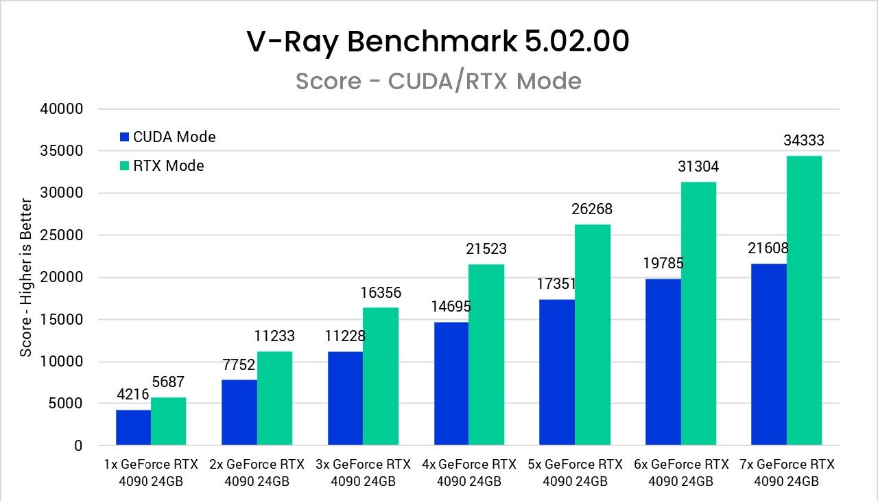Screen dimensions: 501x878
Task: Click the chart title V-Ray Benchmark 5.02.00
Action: coord(438,42)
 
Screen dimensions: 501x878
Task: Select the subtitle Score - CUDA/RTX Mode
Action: coord(438,81)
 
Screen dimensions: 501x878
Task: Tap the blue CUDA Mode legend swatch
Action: coord(124,137)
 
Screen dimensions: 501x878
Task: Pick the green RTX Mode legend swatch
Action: coord(124,166)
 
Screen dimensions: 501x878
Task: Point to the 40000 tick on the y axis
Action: coord(62,109)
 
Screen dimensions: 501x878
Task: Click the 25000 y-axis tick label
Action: coord(62,235)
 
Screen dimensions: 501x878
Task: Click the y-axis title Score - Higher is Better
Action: coord(26,277)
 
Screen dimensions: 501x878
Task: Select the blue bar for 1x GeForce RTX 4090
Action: coord(133,428)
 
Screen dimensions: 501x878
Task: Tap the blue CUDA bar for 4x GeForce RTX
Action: coord(451,384)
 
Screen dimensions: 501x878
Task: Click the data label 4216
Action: coord(134,395)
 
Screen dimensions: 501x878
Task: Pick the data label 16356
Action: coord(381,293)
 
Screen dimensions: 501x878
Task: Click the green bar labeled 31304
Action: coord(698,314)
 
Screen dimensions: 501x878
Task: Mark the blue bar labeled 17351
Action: coord(557,373)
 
